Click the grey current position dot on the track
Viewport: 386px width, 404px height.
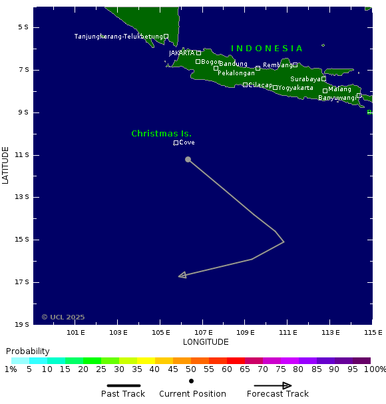pyautogui.click(x=188, y=159)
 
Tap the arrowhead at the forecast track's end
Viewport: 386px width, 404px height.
pyautogui.click(x=182, y=275)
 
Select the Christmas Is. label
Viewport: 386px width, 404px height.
pyautogui.click(x=161, y=134)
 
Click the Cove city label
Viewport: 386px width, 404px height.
pyautogui.click(x=186, y=142)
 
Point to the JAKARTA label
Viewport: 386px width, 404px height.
pyautogui.click(x=182, y=53)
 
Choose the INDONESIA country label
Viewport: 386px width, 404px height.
pyautogui.click(x=267, y=49)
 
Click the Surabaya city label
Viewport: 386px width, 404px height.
pyautogui.click(x=305, y=79)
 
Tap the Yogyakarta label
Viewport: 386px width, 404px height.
pyautogui.click(x=295, y=88)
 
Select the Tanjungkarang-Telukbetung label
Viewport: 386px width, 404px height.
pyautogui.click(x=118, y=37)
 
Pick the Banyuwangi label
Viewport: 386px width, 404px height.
pyautogui.click(x=337, y=98)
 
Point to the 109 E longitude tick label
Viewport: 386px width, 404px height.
pyautogui.click(x=246, y=332)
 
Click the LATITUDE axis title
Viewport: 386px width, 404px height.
pyautogui.click(x=5, y=166)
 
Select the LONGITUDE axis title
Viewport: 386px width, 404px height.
pyautogui.click(x=206, y=342)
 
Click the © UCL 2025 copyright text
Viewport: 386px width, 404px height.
pyautogui.click(x=63, y=317)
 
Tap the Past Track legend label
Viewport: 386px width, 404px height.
pyautogui.click(x=123, y=394)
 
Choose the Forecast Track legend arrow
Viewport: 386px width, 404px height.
pyautogui.click(x=273, y=385)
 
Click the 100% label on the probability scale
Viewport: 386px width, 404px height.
pyautogui.click(x=375, y=369)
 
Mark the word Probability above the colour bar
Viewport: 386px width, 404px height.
pyautogui.click(x=27, y=351)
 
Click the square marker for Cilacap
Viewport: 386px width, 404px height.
pyautogui.click(x=245, y=85)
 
